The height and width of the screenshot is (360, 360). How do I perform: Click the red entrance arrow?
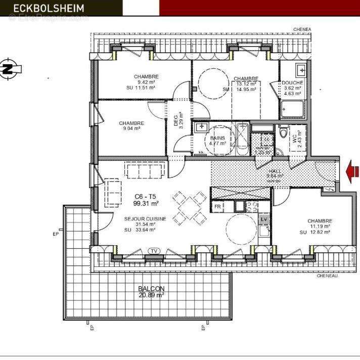coord(352,172)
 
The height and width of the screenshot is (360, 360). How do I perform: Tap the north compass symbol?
coord(8,70)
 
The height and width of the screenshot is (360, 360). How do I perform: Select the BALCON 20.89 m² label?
coord(151,292)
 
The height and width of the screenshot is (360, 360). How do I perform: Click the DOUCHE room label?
coord(292,83)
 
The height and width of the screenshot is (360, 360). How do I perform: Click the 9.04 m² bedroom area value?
coord(131,128)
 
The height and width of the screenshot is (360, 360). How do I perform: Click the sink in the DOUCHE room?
coord(301,69)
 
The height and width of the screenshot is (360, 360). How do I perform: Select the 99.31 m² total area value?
coord(146,203)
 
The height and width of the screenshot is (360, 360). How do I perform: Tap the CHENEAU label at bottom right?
coord(327,276)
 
